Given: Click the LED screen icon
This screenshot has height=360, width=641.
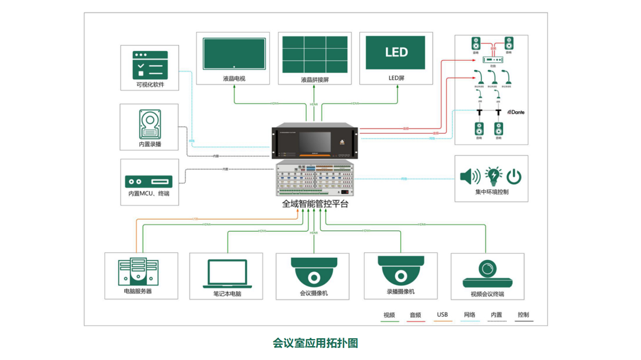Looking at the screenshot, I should (x=396, y=52).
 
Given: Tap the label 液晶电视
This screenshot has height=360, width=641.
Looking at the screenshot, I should (x=234, y=79).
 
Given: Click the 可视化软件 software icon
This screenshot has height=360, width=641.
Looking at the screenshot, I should (x=150, y=64).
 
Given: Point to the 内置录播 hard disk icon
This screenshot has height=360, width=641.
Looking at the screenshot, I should (x=150, y=125).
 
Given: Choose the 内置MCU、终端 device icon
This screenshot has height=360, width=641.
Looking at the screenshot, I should (x=149, y=181).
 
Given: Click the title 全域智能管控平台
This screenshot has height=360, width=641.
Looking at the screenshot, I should (x=315, y=204).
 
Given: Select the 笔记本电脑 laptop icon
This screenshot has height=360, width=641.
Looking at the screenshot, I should (x=227, y=274).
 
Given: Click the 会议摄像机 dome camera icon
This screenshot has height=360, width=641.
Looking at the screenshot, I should (x=314, y=272).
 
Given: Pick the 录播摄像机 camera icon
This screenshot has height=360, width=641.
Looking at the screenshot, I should (x=400, y=270).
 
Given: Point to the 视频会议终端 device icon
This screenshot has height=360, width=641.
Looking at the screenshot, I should (x=487, y=274).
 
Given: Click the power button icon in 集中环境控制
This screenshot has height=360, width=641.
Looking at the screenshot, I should (x=514, y=176).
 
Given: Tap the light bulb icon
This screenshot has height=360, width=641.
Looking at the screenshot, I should (x=493, y=176).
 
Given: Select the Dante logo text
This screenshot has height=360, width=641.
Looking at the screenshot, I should (x=515, y=112).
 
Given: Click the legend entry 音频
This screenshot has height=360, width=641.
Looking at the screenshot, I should (x=415, y=315).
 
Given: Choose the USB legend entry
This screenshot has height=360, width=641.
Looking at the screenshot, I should (x=442, y=315).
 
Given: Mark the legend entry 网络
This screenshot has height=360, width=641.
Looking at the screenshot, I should (x=470, y=315).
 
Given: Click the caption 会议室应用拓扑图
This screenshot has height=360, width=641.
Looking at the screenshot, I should (x=315, y=343).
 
